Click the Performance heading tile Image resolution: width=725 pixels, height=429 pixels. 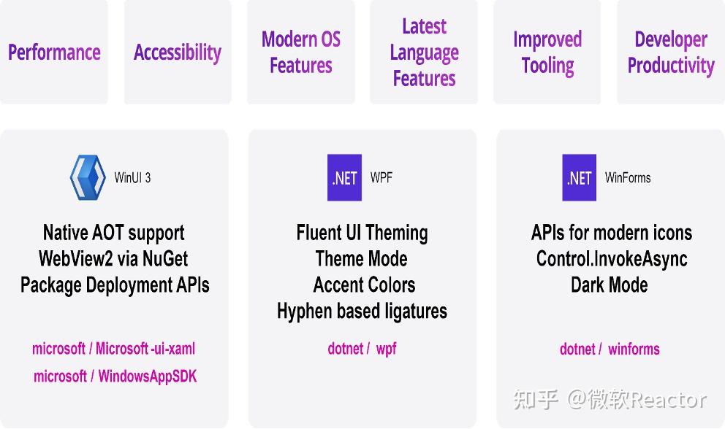tap(54, 53)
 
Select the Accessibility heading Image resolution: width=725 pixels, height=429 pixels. tap(177, 53)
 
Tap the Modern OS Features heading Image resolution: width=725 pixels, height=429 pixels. tap(300, 53)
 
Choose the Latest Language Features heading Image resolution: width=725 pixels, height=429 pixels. tap(424, 53)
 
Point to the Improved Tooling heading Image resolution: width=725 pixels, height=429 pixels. tap(547, 53)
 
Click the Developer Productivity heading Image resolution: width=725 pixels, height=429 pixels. tap(670, 53)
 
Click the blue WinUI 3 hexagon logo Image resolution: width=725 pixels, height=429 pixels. tap(88, 177)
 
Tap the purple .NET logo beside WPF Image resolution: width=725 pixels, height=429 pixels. tap(344, 177)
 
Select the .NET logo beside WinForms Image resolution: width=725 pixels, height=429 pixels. tap(579, 177)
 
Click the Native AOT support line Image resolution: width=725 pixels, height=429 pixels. tap(113, 233)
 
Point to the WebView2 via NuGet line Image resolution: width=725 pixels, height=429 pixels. tap(113, 258)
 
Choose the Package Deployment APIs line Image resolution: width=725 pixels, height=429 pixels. tap(115, 285)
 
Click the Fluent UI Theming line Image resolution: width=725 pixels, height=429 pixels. tap(362, 233)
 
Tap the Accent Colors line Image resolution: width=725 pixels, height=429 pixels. tap(364, 285)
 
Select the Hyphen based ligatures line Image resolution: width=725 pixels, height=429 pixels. tap(362, 311)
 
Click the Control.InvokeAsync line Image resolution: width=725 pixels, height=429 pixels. tap(612, 258)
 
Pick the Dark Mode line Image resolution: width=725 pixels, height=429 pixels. tap(609, 285)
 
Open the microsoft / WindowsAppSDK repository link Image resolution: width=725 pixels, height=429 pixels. tap(115, 376)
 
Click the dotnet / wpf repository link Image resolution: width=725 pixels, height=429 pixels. tap(362, 349)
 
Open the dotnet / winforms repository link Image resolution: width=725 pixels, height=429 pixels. tap(610, 349)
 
